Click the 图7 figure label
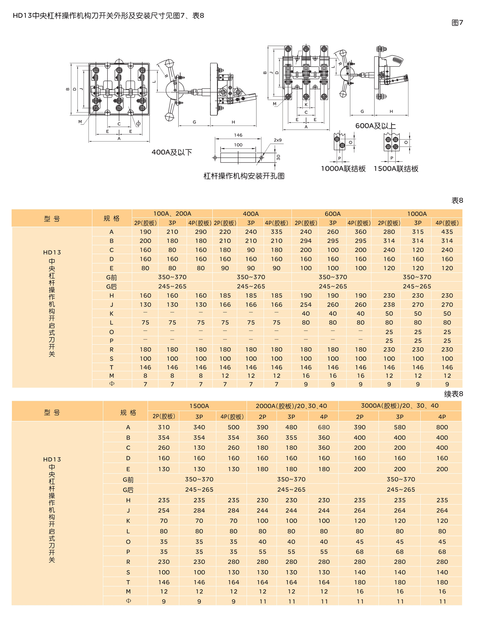point(457,23)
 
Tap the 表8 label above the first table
point(457,200)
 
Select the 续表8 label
point(453,394)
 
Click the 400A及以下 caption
point(172,152)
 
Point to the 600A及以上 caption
point(375,126)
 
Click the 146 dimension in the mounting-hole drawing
point(238,135)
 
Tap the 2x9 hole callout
point(277,140)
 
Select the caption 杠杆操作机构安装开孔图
point(244,176)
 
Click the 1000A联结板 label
point(343,169)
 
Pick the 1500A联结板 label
point(396,169)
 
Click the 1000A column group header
point(417,214)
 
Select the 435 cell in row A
point(447,232)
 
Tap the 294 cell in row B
point(306,241)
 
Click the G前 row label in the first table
point(111,277)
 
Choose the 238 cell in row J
point(389,305)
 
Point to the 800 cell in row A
point(442,427)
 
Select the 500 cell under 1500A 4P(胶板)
point(233,427)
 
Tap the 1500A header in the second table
point(199,406)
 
